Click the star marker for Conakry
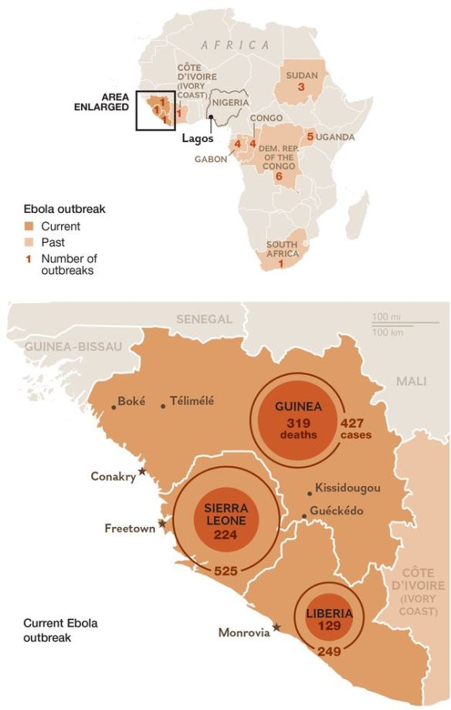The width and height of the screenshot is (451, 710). tap(142, 471)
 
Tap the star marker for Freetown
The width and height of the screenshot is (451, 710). tap(161, 524)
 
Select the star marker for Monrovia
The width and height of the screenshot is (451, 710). tap(276, 627)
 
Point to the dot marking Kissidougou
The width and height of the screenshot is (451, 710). tap(310, 492)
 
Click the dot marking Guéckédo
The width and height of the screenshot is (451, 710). tap(304, 516)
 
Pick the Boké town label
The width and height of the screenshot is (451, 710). tap(131, 401)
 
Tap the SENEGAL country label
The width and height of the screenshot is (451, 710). tap(204, 319)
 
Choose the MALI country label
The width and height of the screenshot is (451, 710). tap(411, 381)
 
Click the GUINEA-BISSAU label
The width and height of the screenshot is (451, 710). tap(73, 347)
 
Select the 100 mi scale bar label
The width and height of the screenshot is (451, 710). tap(381, 317)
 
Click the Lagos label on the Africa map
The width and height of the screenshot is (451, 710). tap(197, 139)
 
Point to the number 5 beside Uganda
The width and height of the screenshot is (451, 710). tap(310, 137)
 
